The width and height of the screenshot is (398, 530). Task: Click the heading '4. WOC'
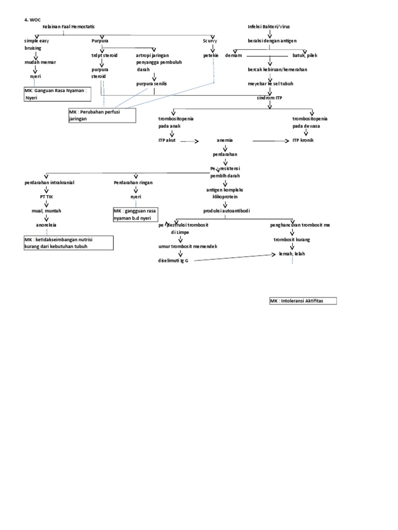point(32,19)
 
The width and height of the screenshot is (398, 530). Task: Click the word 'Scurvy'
point(210,40)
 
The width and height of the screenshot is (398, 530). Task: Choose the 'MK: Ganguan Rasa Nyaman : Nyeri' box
point(61,93)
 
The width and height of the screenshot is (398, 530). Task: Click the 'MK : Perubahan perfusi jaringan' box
point(102,115)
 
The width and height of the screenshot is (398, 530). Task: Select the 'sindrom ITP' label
point(269,97)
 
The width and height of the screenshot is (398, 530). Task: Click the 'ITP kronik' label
point(303,140)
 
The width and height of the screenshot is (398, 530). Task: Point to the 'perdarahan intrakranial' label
point(46,183)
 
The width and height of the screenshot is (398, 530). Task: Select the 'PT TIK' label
point(47,197)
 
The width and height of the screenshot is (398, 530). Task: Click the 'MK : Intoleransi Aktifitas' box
point(303,301)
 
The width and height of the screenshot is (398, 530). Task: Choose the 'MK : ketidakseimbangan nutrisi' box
point(68,243)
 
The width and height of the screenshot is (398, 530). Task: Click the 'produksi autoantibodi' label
point(225,211)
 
